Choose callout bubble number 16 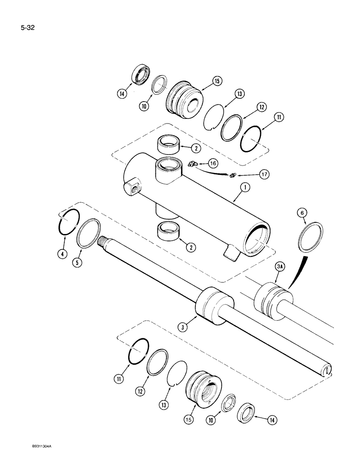(x=213, y=164)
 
